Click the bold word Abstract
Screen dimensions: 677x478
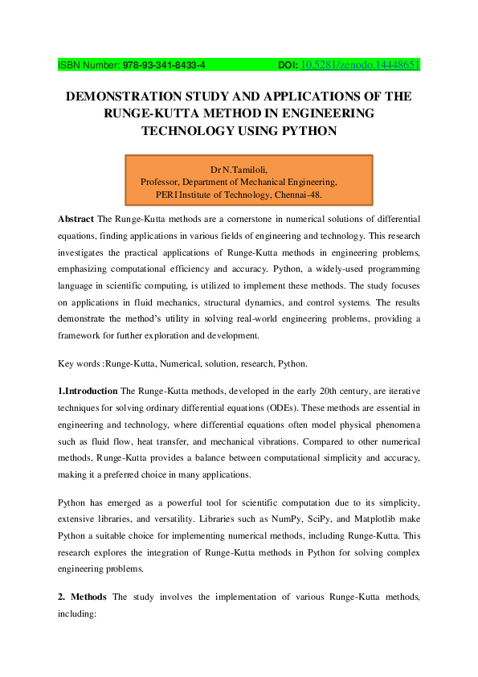click(x=76, y=219)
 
